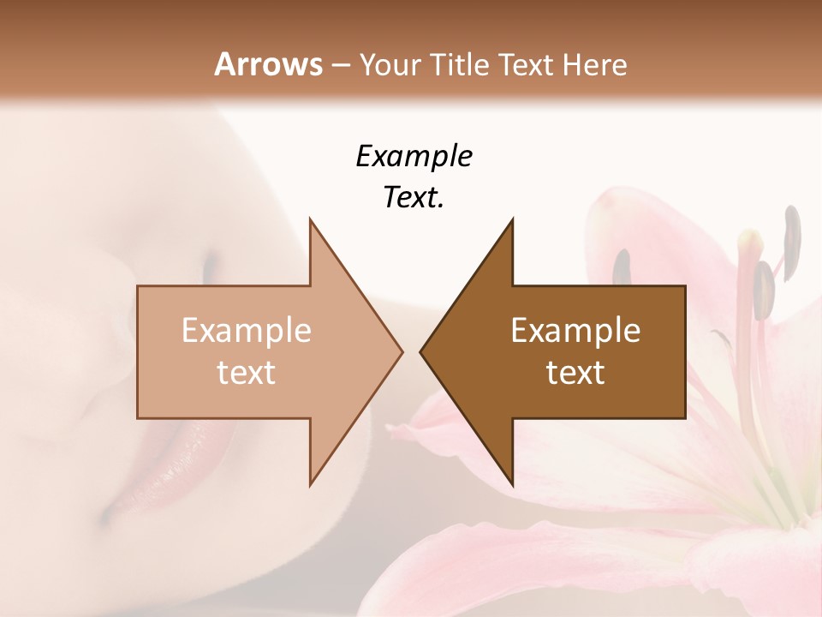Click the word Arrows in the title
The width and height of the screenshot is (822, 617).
coord(268,64)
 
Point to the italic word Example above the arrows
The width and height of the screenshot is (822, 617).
coord(414,156)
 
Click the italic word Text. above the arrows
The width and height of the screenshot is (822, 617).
coord(414,197)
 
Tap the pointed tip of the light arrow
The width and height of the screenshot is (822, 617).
coord(400,351)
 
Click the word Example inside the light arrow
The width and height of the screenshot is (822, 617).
coord(247,330)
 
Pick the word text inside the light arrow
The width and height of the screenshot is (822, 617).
coord(247,372)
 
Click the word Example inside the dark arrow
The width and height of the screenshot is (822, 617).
coord(575,330)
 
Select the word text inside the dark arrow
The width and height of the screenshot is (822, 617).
coord(575,372)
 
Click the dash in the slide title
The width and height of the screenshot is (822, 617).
coord(340,65)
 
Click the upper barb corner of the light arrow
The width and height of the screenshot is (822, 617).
coord(311,220)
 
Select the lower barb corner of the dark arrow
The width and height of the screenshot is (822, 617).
coord(512,483)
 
